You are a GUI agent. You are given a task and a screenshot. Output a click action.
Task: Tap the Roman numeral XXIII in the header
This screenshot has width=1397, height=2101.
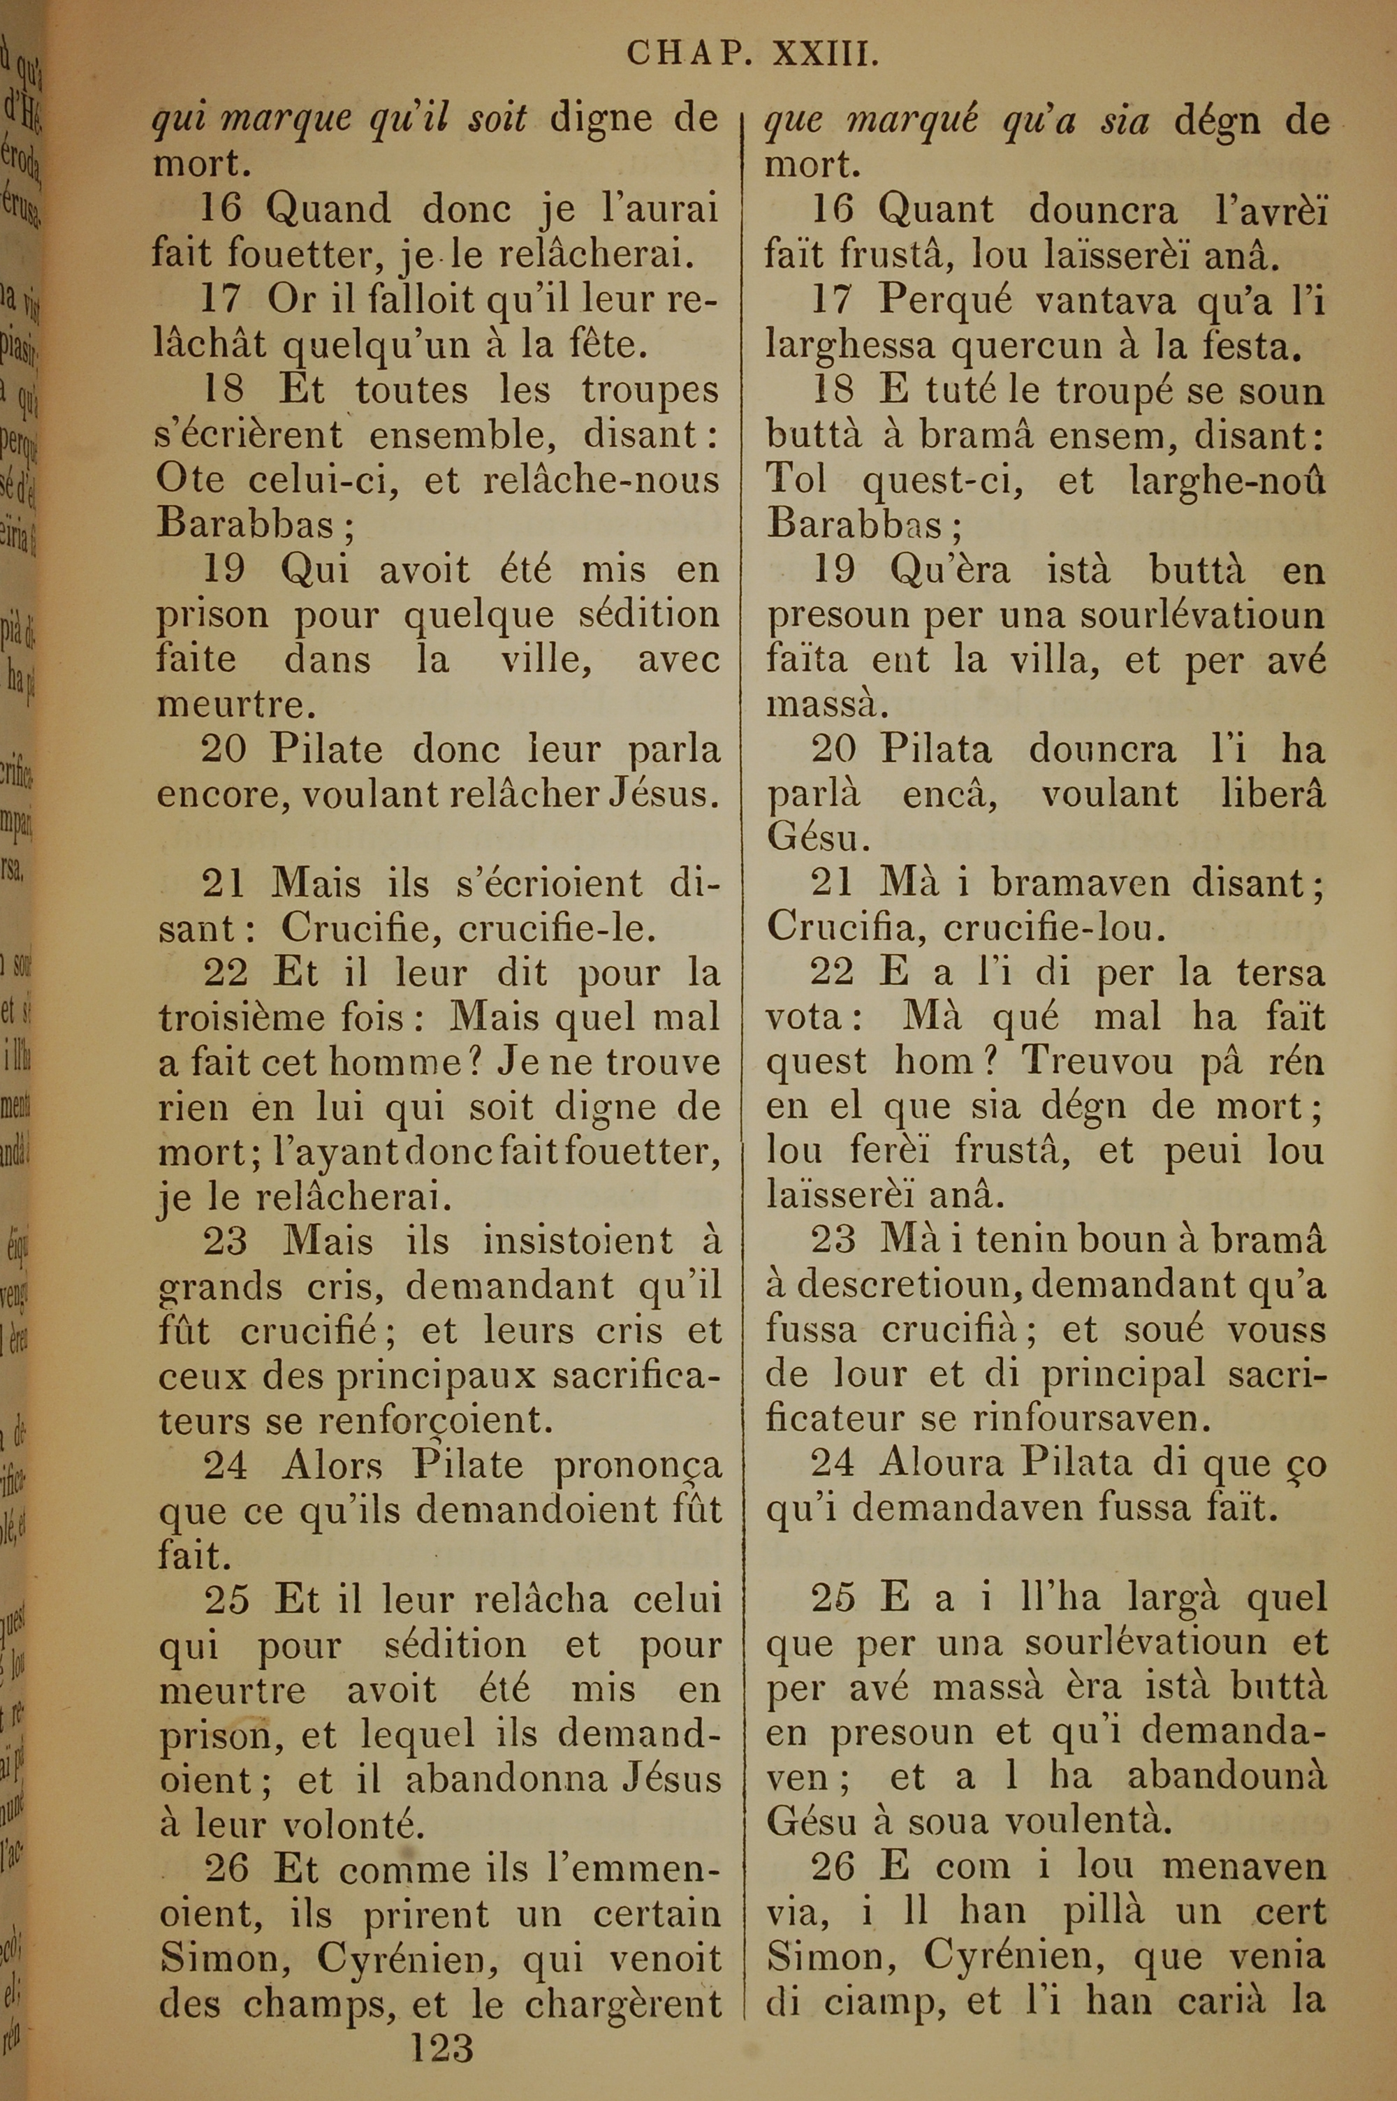click(825, 54)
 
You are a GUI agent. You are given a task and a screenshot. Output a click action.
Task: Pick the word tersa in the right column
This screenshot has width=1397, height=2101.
click(1280, 972)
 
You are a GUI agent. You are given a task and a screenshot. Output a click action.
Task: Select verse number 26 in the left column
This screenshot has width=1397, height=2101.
click(226, 1868)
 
